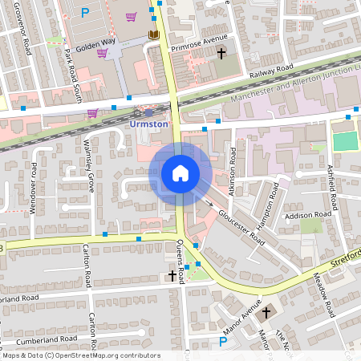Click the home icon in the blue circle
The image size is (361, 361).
pyautogui.click(x=180, y=172)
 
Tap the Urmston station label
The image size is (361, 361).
pyautogui.click(x=148, y=124)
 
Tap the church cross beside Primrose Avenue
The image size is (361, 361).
pyautogui.click(x=222, y=53)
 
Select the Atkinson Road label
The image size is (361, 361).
pyautogui.click(x=232, y=172)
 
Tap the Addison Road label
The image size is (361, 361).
pyautogui.click(x=310, y=215)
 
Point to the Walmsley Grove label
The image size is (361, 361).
pyautogui.click(x=89, y=171)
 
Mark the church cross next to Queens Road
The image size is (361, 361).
pyautogui.click(x=172, y=276)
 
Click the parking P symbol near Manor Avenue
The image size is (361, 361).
pyautogui.click(x=224, y=342)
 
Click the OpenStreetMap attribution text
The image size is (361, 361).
pyautogui.click(x=80, y=355)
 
